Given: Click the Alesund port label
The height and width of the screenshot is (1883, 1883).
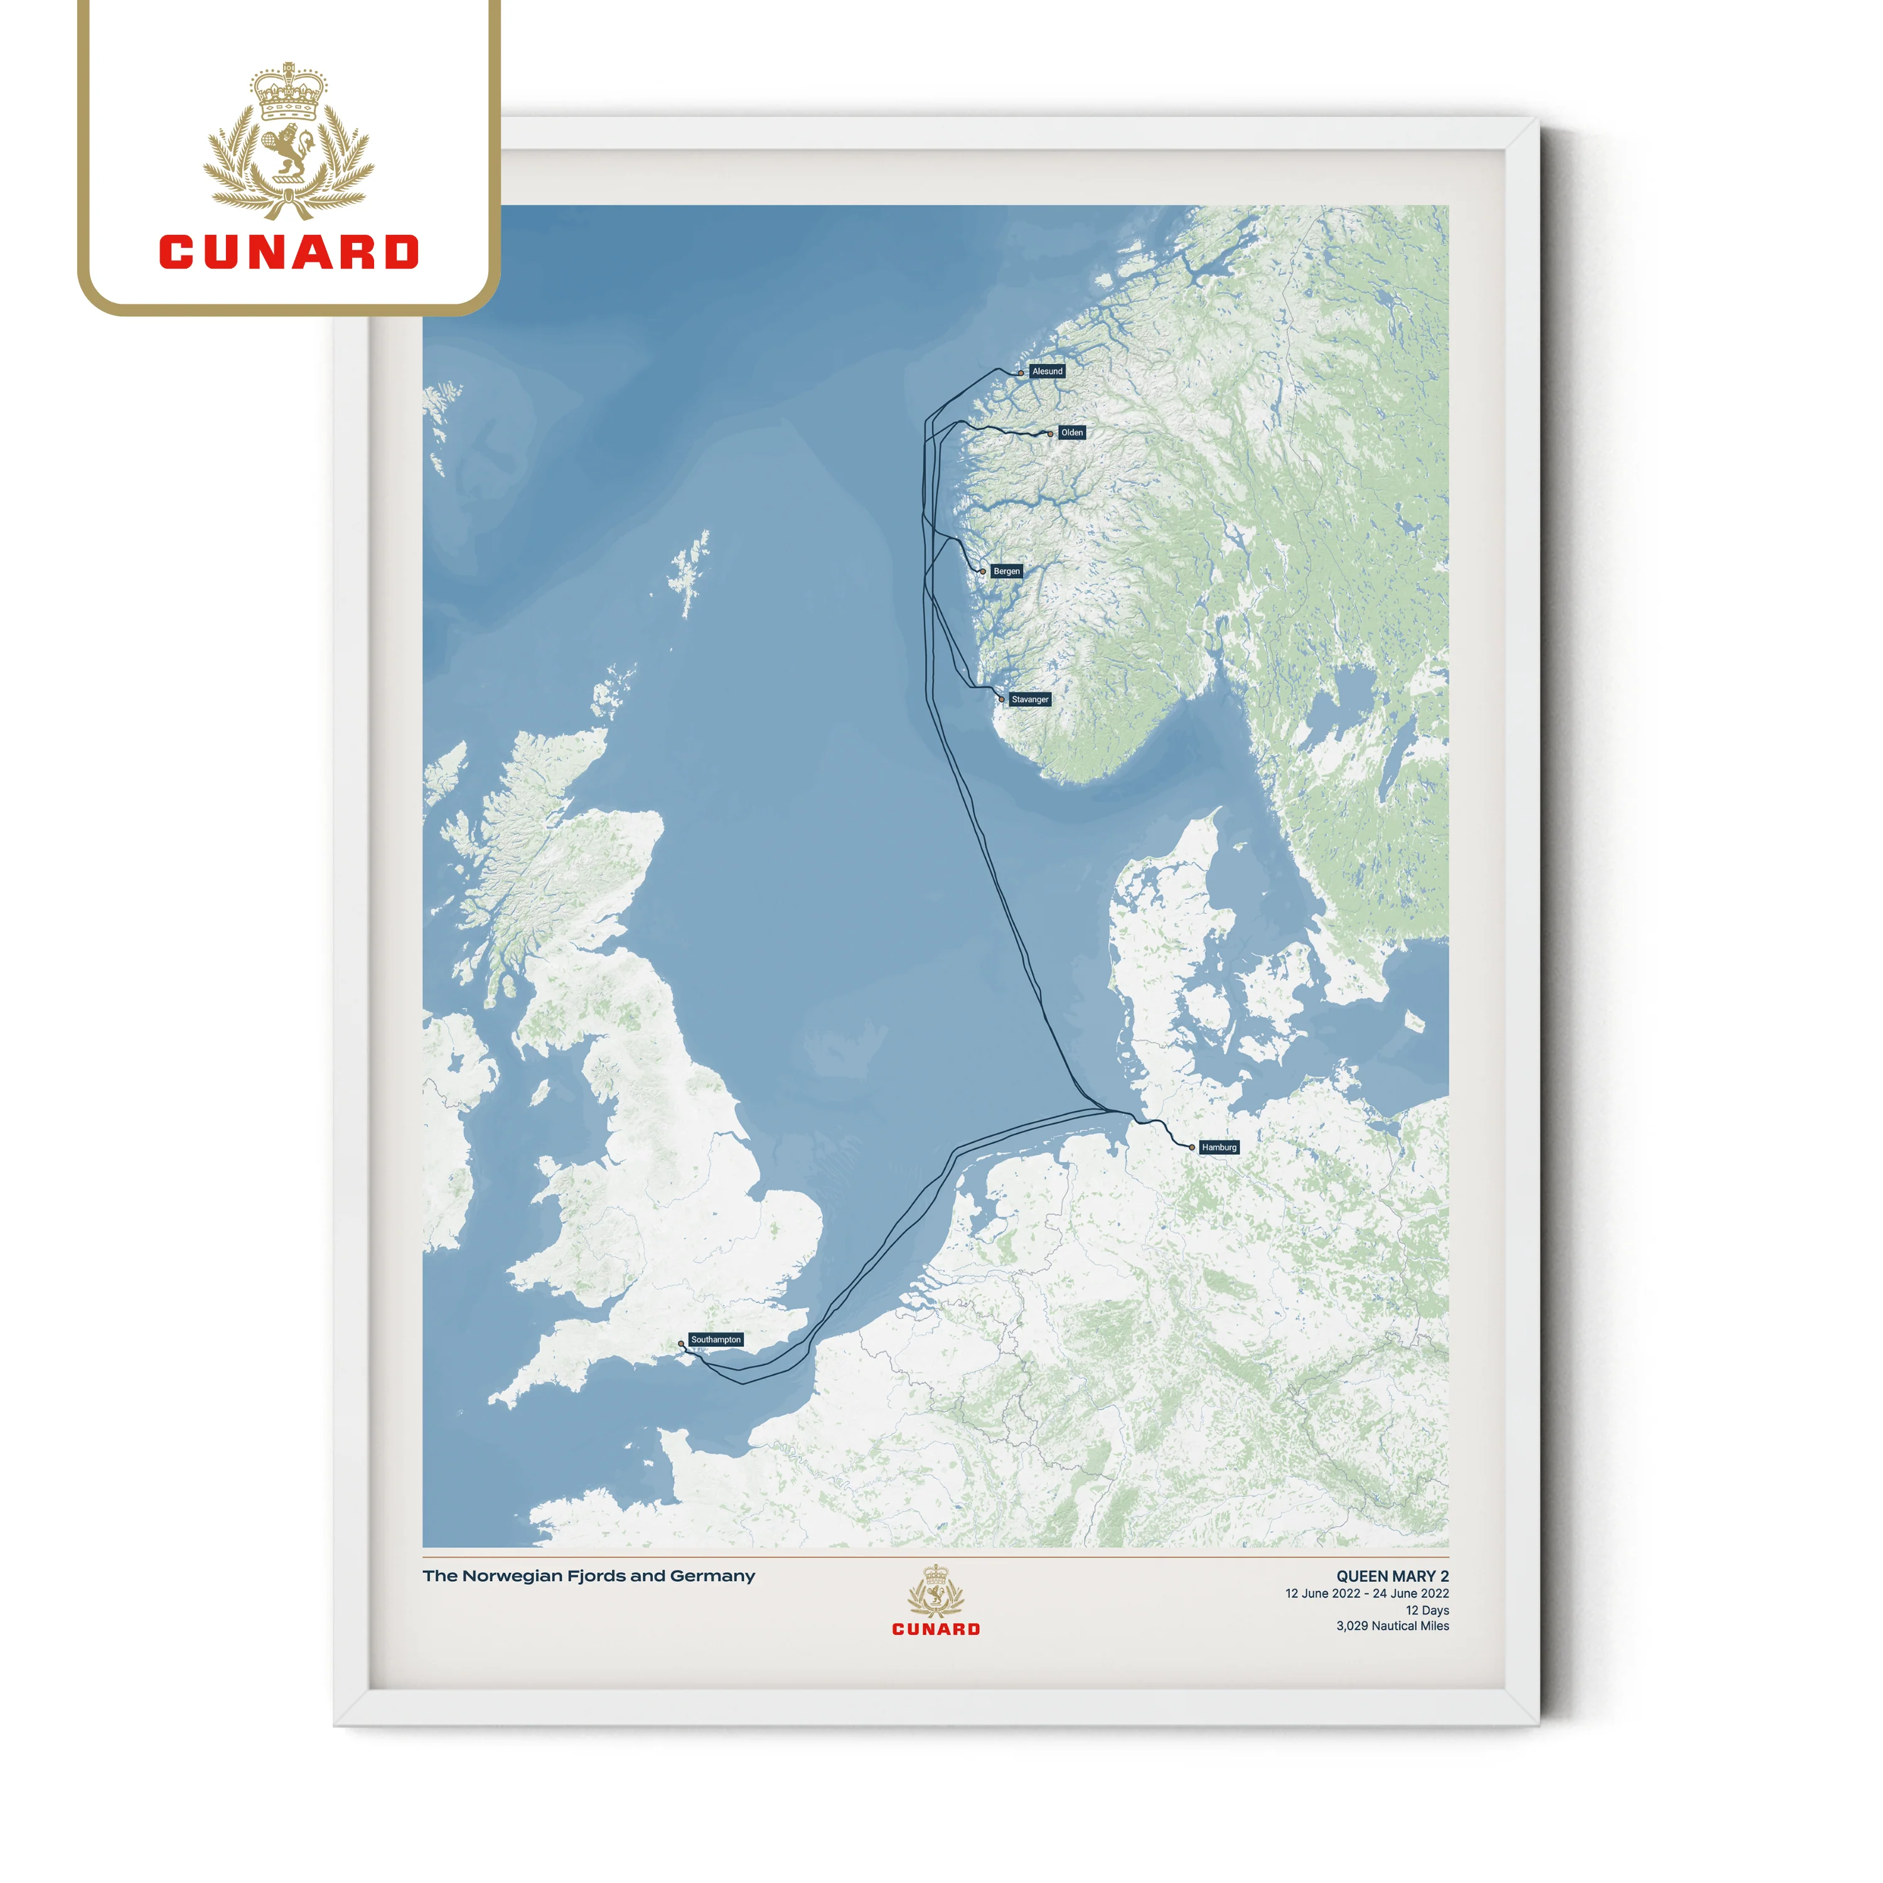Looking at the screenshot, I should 1047,372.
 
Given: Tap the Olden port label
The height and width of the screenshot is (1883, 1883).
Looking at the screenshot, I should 1071,432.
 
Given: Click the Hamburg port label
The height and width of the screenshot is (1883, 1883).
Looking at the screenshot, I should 1218,1147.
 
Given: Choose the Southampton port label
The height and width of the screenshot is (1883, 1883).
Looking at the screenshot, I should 716,1339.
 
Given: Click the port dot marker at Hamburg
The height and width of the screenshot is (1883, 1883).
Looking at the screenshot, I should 1192,1148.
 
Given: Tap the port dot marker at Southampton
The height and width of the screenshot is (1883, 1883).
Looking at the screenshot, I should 681,1344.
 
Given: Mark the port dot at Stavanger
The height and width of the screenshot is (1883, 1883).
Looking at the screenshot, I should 1001,699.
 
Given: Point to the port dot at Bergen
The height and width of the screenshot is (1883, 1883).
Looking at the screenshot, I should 982,572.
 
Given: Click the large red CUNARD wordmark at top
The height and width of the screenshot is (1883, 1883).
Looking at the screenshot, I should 289,252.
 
